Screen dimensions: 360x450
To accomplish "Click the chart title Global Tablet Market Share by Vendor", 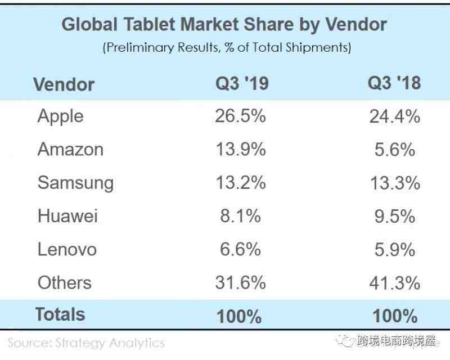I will [x=224, y=25].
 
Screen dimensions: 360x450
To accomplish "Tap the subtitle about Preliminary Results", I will [x=227, y=48].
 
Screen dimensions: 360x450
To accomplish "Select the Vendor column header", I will [x=64, y=84].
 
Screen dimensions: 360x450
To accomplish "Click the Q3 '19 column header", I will [x=242, y=84].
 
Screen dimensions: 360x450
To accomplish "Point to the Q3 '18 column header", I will [x=394, y=83].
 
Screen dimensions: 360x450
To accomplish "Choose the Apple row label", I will [x=60, y=116].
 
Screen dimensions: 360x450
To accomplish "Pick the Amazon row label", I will [x=70, y=150].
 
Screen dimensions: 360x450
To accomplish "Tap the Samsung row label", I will [x=75, y=183].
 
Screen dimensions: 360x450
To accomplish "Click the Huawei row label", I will [x=67, y=216].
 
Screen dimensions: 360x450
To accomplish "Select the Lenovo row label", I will [x=67, y=249].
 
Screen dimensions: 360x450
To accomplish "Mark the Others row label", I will [x=64, y=282].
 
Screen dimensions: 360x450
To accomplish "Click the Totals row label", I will [x=60, y=314].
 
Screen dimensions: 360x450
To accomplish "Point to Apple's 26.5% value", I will [x=240, y=116].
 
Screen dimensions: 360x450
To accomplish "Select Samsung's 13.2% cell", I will [x=240, y=183].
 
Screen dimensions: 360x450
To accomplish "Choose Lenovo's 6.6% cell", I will [x=240, y=249].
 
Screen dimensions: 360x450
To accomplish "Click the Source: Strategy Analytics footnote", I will [x=86, y=343].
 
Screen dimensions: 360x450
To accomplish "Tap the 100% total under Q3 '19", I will [x=240, y=316].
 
